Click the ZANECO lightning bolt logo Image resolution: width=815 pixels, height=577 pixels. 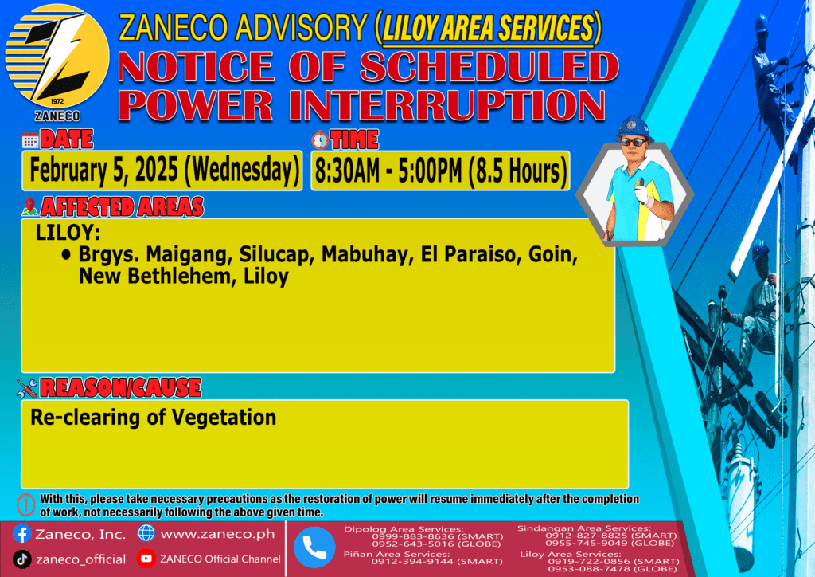(57, 57)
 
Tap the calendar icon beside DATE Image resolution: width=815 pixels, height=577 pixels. (30, 140)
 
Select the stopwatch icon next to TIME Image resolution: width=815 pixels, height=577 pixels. (320, 140)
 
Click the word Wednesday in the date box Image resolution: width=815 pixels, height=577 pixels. (243, 170)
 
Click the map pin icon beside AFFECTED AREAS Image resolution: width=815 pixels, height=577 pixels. (29, 207)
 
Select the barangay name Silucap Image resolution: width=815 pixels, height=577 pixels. (275, 255)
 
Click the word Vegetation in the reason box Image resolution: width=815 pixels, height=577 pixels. (224, 418)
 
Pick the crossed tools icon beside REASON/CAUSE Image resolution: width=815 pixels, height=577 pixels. (27, 388)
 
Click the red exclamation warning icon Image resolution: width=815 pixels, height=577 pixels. (25, 504)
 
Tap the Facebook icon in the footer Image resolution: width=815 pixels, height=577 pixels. (21, 534)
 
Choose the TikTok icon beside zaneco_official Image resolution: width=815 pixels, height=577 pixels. (21, 559)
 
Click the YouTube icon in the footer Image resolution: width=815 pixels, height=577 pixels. (146, 559)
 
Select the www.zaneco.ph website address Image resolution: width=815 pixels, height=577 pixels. (217, 534)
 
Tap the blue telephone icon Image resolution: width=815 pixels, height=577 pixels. (314, 548)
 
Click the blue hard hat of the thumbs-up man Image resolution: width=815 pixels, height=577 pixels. (633, 128)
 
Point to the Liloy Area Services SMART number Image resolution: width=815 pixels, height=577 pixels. (614, 561)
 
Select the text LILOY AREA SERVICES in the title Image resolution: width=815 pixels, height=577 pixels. (488, 28)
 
